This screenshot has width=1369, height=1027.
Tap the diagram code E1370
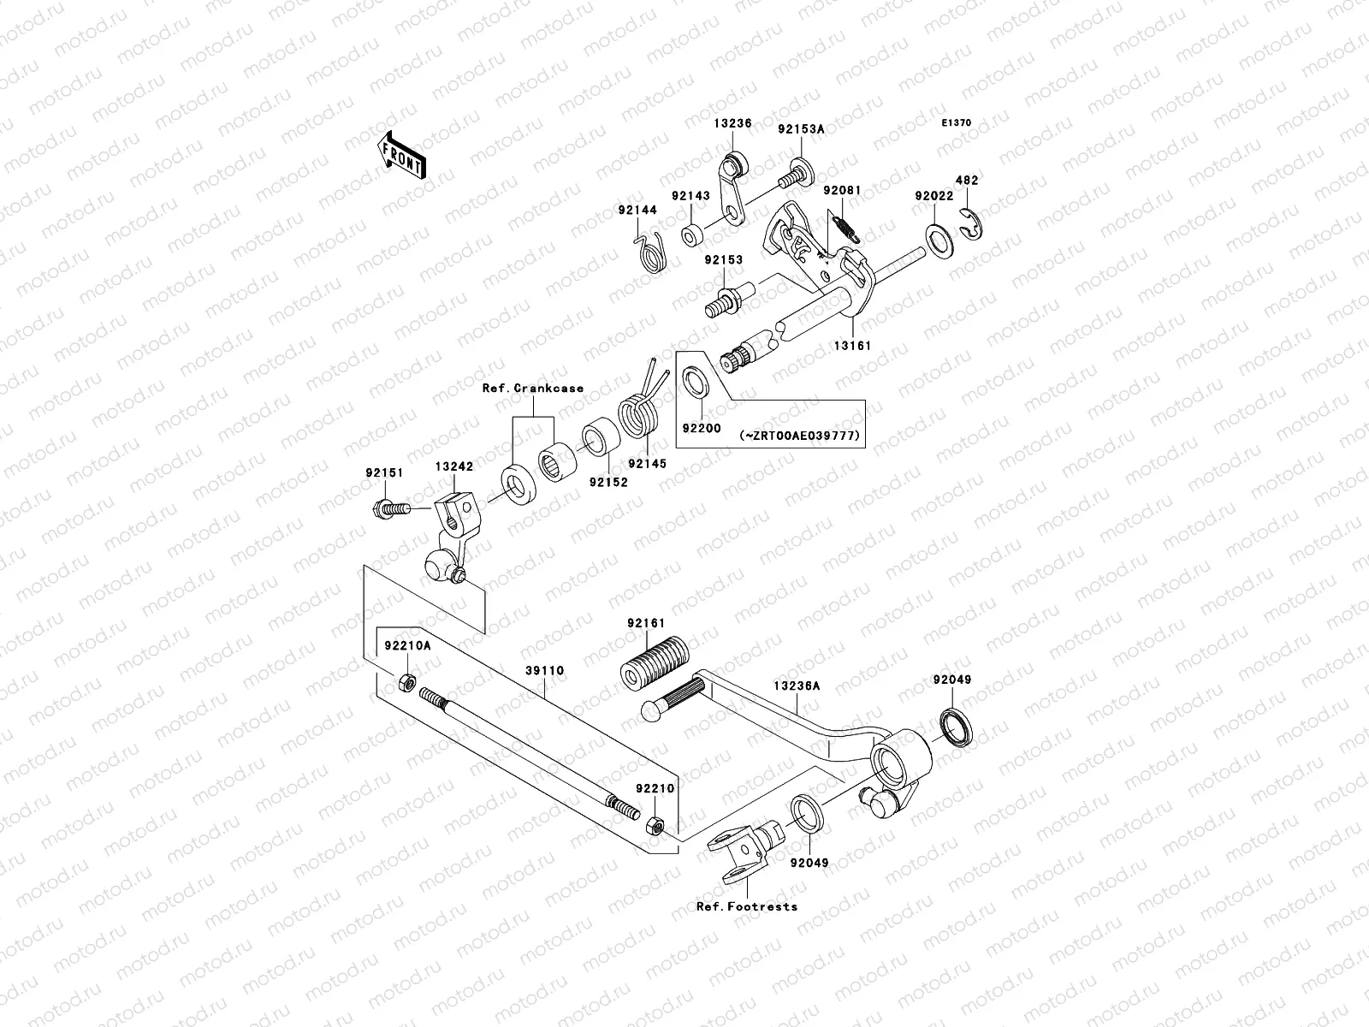tap(957, 123)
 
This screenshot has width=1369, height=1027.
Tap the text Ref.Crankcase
tap(533, 388)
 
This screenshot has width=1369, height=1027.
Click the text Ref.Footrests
tap(746, 906)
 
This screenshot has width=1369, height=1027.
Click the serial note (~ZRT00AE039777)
tap(799, 436)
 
